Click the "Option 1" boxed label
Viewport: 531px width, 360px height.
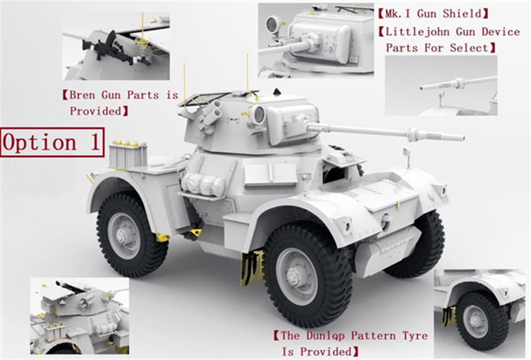52,142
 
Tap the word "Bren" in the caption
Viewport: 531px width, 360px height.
82,95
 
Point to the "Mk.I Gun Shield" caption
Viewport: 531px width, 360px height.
434,14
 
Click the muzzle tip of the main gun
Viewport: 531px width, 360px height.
463,138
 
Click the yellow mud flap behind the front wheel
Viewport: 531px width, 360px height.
252,268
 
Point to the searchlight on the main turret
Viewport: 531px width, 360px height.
258,115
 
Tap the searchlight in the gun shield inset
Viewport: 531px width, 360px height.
272,25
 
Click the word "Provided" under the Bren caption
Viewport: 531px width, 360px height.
95,111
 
